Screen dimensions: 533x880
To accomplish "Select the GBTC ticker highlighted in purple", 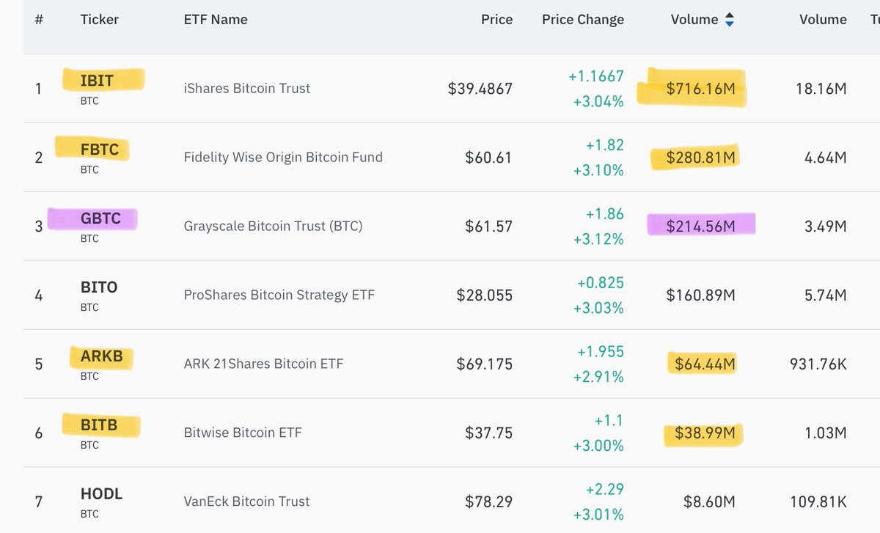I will click(x=100, y=218).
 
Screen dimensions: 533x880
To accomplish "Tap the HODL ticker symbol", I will click(x=101, y=494).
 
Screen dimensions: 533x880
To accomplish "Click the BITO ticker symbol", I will click(x=99, y=287).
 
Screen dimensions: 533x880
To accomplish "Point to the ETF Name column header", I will click(x=216, y=20).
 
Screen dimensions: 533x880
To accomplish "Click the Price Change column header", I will click(x=583, y=20).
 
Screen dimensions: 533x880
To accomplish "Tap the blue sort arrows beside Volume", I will click(x=729, y=21).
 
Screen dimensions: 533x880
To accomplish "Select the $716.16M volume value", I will click(x=700, y=89).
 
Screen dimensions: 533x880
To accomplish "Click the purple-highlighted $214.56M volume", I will click(x=700, y=227).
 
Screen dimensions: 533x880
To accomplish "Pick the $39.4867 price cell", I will click(x=480, y=89).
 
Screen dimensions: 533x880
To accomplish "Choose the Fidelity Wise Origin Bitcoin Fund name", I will click(x=283, y=157).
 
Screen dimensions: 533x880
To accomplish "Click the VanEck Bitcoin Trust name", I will click(x=246, y=501).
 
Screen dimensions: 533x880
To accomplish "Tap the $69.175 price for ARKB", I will click(x=485, y=364).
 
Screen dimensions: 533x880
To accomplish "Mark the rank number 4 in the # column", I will click(x=39, y=295).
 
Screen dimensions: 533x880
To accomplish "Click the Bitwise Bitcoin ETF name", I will click(x=243, y=433).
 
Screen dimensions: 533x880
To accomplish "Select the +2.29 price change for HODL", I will click(x=605, y=489).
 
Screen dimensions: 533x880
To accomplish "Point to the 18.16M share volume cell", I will click(x=821, y=89).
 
